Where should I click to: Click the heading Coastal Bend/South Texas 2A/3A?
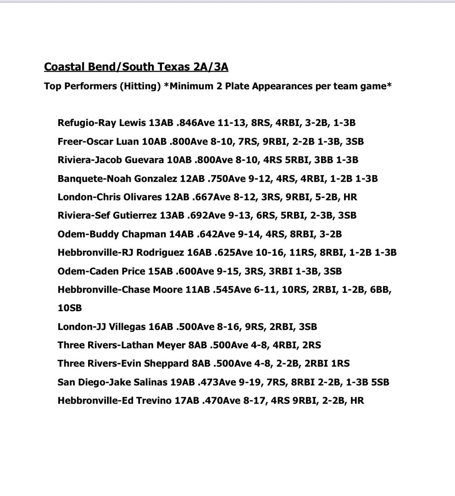click(x=136, y=67)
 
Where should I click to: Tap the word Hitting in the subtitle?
click(x=139, y=86)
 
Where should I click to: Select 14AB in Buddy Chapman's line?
click(x=181, y=234)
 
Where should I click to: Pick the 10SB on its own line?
click(x=70, y=308)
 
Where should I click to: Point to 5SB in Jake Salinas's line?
click(x=379, y=382)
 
